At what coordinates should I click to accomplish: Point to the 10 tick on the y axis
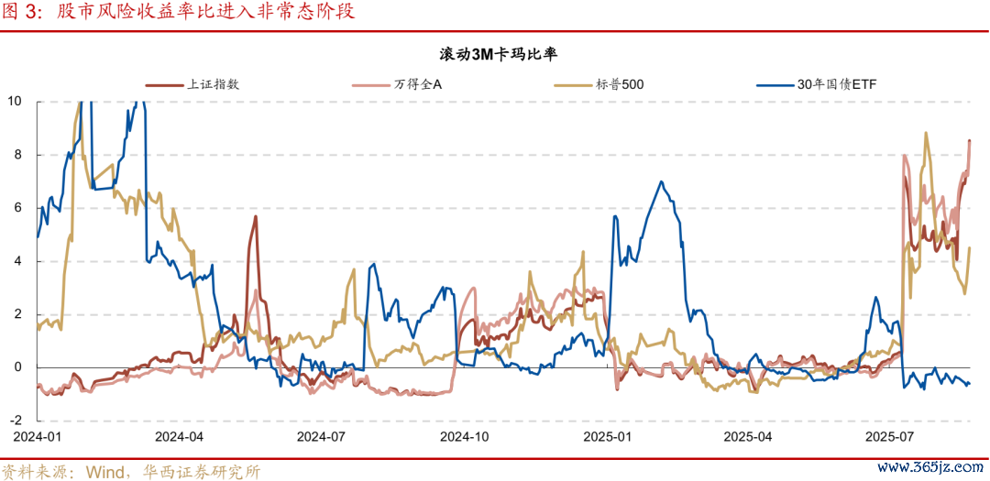15,101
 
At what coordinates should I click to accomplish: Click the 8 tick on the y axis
18,154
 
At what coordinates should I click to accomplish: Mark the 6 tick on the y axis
18,208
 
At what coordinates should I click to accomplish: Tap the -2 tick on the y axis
16,421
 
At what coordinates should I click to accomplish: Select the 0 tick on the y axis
18,367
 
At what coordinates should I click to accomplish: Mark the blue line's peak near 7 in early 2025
661,182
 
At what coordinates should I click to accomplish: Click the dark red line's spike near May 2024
255,217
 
